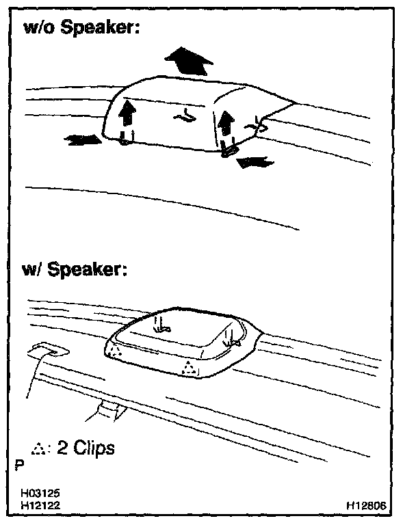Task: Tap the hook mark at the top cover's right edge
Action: point(257,124)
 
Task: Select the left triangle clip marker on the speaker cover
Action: point(116,349)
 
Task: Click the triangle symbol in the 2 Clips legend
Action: point(38,448)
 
